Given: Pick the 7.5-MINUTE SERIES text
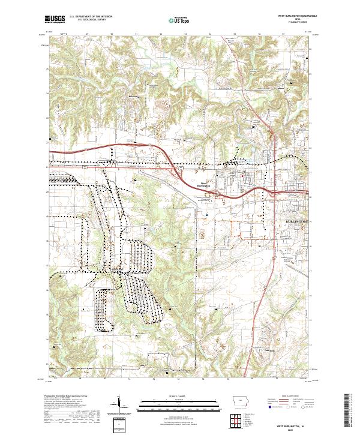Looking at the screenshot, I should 295,23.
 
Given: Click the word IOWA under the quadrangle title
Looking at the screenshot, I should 296,20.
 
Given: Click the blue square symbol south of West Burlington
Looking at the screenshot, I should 206,212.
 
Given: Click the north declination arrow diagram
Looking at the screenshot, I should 120,403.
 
